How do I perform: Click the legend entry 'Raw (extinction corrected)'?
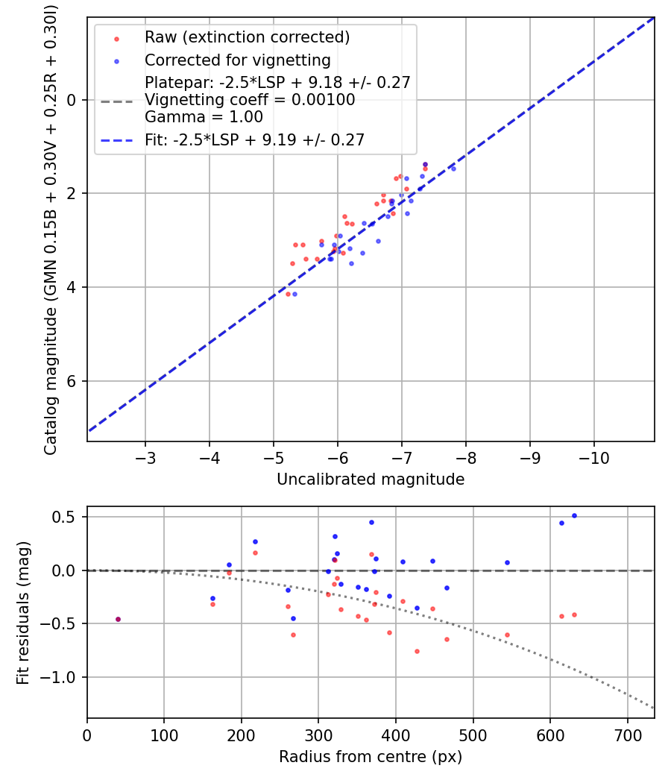pos(247,37)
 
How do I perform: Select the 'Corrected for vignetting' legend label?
pos(237,60)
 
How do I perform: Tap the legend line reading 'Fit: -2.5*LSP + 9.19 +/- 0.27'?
pos(254,139)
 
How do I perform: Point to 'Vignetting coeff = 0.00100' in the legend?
pos(250,100)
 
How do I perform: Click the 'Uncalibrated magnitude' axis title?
pos(371,479)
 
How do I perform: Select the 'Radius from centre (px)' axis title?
pos(371,757)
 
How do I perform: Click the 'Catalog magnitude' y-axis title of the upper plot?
pos(51,228)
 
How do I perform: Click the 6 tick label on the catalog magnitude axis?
pos(73,381)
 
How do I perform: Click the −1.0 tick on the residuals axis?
pos(64,677)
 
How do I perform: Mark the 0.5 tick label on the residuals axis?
pos(70,517)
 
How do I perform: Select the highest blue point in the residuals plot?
pos(574,515)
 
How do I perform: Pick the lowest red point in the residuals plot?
pos(417,651)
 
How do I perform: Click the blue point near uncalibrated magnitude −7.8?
pos(453,169)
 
